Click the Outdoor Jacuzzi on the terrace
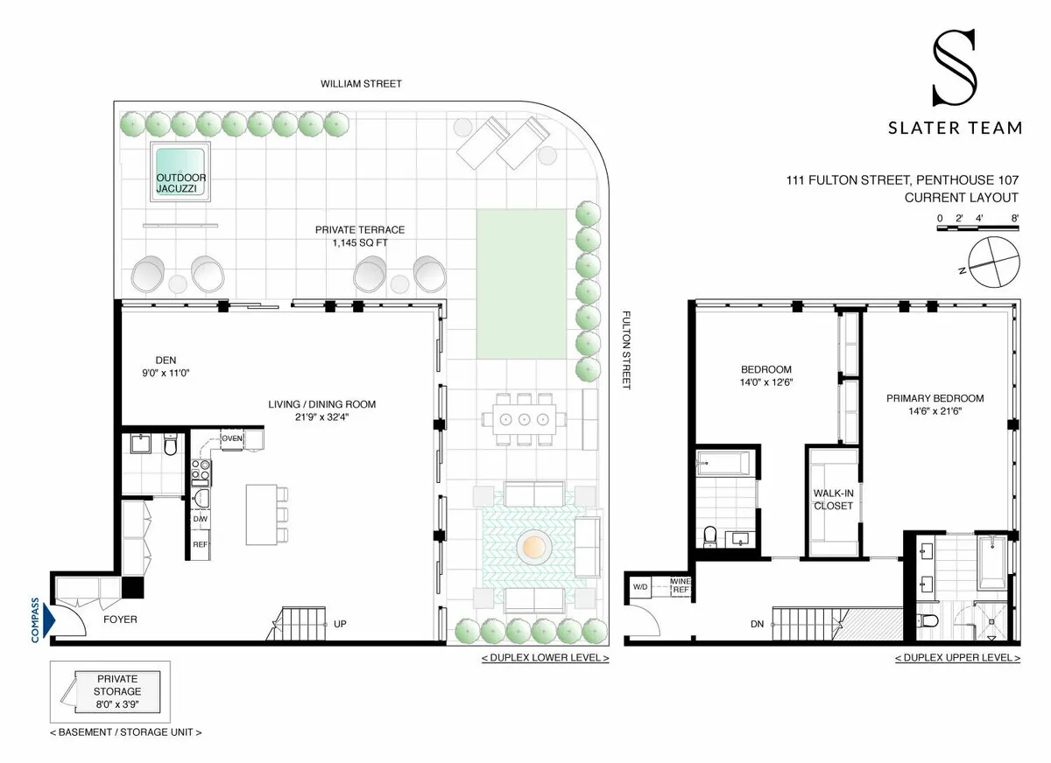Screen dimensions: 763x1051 point(180,171)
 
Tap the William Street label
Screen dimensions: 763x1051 point(361,84)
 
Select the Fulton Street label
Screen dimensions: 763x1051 point(626,350)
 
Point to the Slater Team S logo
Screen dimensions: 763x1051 point(954,70)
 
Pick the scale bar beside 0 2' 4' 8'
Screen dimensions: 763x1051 point(977,227)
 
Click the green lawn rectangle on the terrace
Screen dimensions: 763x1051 point(520,283)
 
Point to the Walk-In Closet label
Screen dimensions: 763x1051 point(833,499)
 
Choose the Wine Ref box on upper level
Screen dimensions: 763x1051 point(680,585)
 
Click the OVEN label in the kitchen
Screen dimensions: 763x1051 point(232,438)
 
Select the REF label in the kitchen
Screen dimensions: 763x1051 point(201,544)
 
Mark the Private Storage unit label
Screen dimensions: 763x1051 point(117,684)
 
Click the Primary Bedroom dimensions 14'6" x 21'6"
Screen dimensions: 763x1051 point(935,411)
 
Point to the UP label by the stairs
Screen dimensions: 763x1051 point(340,625)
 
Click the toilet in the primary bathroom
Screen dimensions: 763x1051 point(930,620)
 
